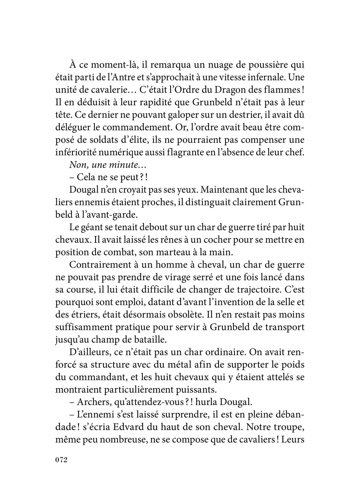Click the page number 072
tap(61, 468)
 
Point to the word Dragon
tap(236, 90)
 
